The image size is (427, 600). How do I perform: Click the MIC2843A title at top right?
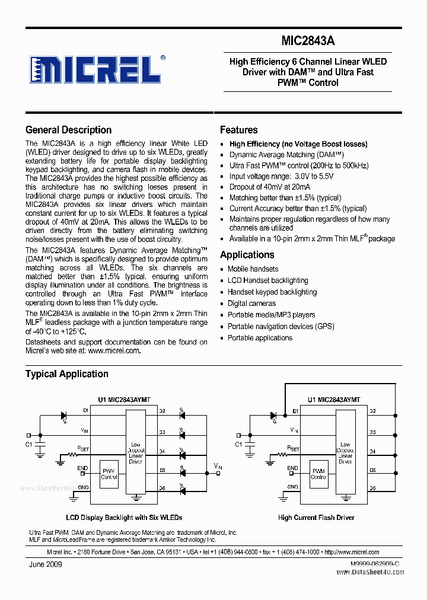pyautogui.click(x=308, y=41)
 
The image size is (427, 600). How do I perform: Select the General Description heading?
pyautogui.click(x=68, y=130)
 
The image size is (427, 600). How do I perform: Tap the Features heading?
pyautogui.click(x=238, y=130)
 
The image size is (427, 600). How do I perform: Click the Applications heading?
pyautogui.click(x=247, y=255)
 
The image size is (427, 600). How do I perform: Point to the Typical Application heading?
pyautogui.click(x=66, y=374)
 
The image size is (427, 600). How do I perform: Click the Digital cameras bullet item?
pyautogui.click(x=251, y=304)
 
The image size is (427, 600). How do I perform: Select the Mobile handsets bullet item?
pyautogui.click(x=253, y=269)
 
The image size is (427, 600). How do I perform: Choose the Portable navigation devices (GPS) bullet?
pyautogui.click(x=281, y=327)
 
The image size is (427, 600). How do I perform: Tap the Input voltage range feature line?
pyautogui.click(x=281, y=176)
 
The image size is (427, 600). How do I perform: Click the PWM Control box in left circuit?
pyautogui.click(x=109, y=474)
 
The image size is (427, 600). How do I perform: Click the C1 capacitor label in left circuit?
pyautogui.click(x=29, y=444)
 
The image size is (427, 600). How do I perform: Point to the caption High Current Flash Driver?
pyautogui.click(x=316, y=518)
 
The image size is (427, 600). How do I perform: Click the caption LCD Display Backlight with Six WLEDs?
pyautogui.click(x=124, y=518)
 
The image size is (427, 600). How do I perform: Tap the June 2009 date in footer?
pyautogui.click(x=45, y=564)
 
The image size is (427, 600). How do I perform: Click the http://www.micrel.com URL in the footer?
pyautogui.click(x=352, y=551)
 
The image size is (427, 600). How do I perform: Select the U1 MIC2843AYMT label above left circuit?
pyautogui.click(x=122, y=400)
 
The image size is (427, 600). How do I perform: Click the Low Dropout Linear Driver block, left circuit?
pyautogui.click(x=136, y=452)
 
